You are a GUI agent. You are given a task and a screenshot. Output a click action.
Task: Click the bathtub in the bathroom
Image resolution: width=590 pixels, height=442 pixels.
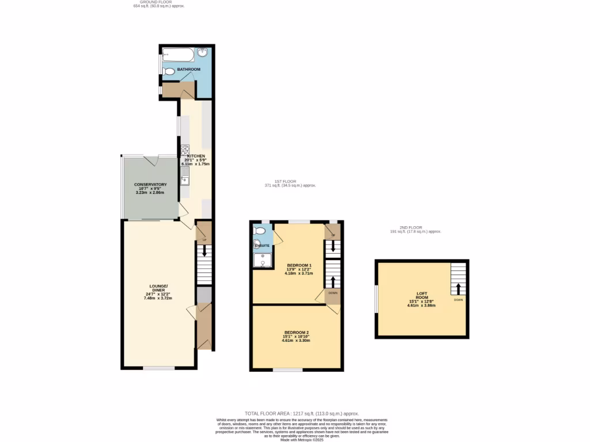pos(179,55)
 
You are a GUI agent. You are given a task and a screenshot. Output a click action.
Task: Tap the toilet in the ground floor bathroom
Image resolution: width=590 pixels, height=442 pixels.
pos(168,72)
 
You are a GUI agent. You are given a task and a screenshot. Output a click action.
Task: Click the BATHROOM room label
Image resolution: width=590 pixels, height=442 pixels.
pos(188,70)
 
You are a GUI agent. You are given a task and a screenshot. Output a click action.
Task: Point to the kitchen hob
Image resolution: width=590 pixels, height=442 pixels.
pos(185,151)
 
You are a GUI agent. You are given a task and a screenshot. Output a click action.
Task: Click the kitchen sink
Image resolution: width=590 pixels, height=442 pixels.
pos(185,180)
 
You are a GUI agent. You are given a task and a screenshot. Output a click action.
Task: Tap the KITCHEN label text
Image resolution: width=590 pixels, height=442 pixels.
pos(195,156)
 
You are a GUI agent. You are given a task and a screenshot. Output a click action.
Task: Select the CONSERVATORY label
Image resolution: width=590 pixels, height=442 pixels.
pos(150,184)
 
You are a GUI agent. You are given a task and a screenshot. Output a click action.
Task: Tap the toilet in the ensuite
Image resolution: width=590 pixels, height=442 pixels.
pos(260,231)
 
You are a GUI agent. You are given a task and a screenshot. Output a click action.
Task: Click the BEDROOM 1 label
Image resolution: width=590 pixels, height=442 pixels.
pos(298,265)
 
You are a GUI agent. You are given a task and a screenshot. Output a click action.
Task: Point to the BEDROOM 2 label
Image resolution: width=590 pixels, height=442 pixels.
pos(296,333)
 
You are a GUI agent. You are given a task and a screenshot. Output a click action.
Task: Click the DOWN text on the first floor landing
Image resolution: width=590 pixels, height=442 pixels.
pos(333,293)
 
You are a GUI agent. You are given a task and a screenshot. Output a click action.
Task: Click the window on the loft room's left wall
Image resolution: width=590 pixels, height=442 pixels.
pos(376,299)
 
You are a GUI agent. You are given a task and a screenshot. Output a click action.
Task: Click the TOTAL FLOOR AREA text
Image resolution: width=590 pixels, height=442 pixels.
pos(301,413)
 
